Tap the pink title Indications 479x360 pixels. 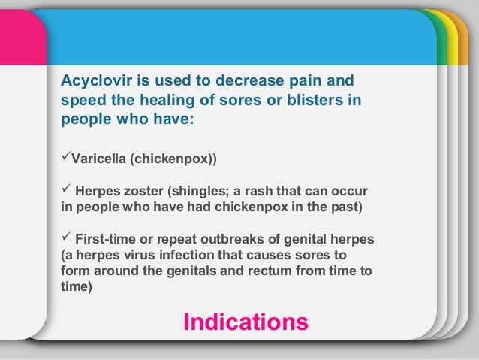point(246,322)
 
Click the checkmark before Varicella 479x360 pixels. point(65,159)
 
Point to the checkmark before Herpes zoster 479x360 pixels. point(65,191)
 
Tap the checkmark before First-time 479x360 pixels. point(65,239)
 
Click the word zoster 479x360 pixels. point(143,192)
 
